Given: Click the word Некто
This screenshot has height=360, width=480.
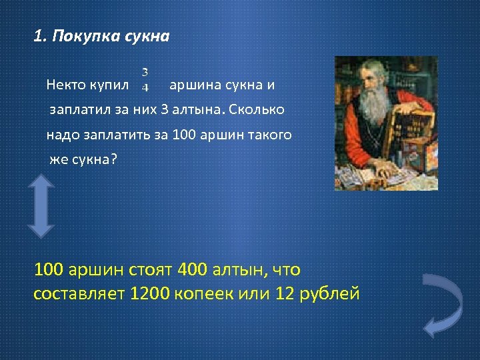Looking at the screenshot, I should point(66,85).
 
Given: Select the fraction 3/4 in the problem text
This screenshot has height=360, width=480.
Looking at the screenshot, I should point(145,79).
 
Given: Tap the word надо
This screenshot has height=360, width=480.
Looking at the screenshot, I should point(61,135).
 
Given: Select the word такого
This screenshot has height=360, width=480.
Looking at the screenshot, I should point(269,135).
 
